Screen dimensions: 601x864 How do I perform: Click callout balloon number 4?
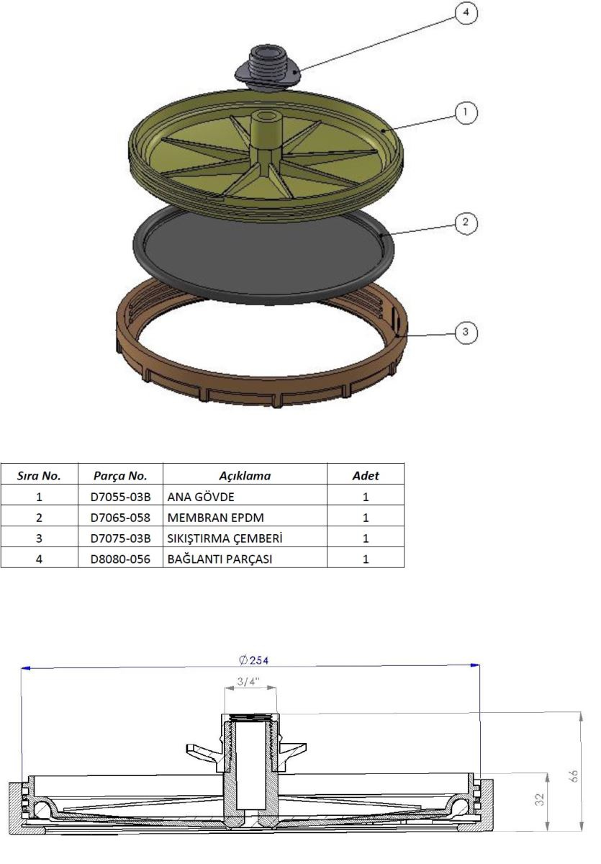pos(466,13)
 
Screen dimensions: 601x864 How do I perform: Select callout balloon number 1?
pos(466,112)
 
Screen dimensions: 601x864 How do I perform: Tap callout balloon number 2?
pos(466,222)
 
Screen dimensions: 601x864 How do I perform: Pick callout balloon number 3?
pos(466,332)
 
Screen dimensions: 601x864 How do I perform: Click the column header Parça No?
pos(120,476)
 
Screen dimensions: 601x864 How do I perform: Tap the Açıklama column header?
pos(245,476)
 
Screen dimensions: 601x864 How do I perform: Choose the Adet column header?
pos(366,476)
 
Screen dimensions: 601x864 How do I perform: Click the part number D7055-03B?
pos(120,497)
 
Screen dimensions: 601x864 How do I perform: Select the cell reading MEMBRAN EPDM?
pos(215,518)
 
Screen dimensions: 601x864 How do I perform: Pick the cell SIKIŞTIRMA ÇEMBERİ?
pos(225,538)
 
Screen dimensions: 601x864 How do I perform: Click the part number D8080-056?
pos(120,559)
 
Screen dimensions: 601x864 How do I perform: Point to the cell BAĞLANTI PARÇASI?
pos(220,559)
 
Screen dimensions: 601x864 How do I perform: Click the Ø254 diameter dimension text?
pos(253,660)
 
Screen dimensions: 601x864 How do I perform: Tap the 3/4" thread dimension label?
pos(248,682)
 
